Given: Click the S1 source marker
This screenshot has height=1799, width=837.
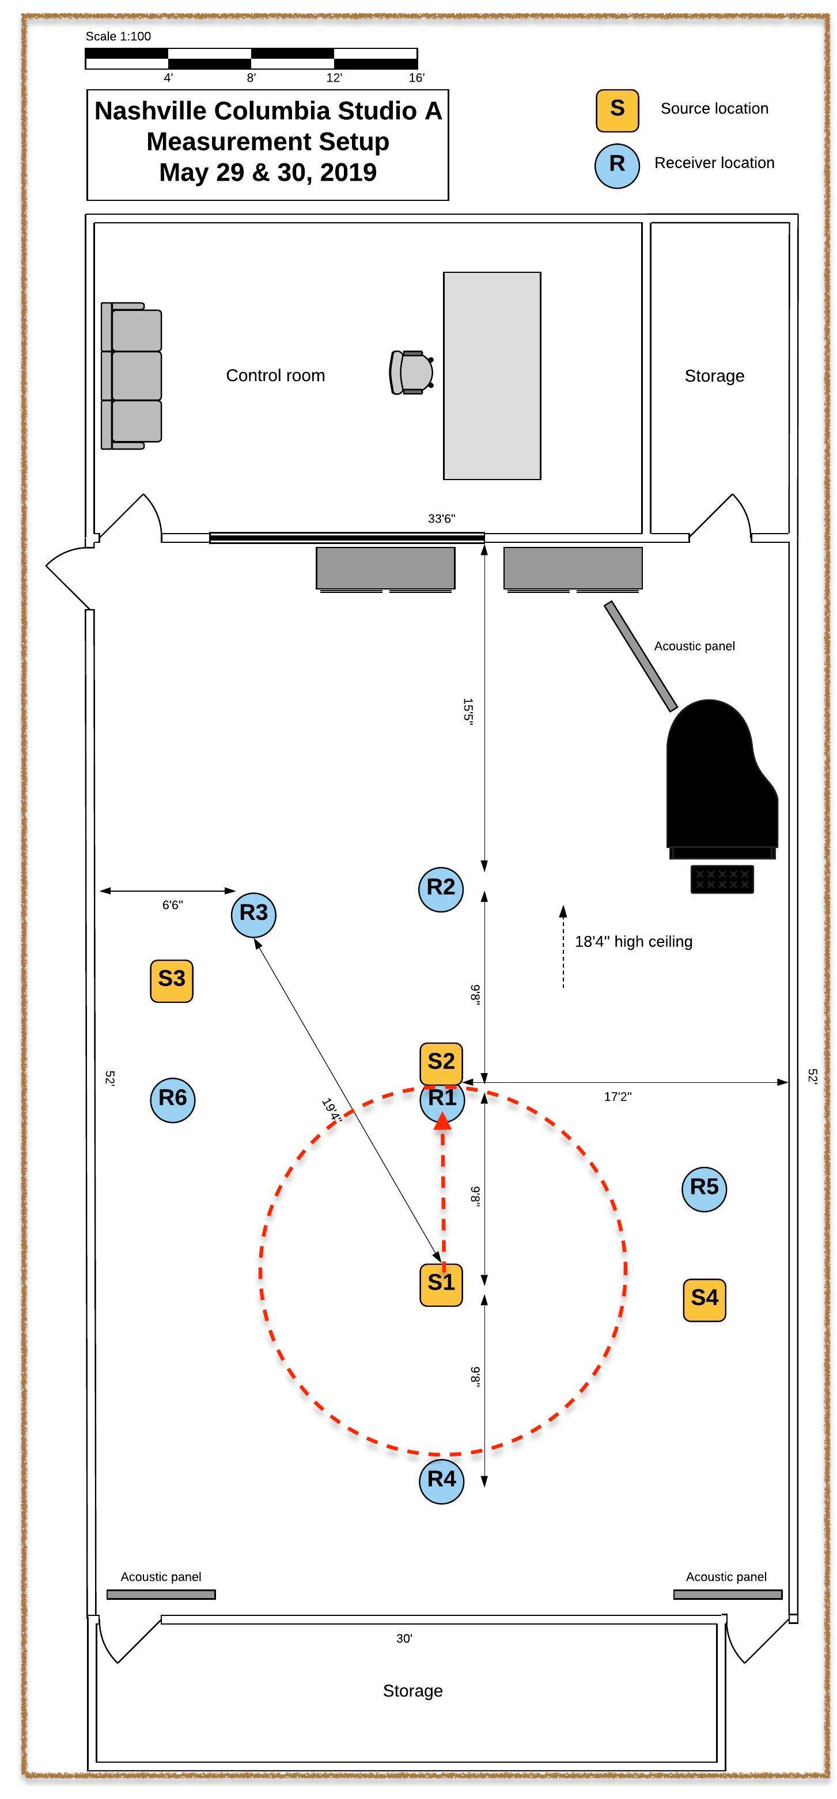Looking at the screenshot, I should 441,1284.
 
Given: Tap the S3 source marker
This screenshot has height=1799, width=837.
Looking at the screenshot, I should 172,980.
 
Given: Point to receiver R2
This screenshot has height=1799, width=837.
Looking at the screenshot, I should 441,889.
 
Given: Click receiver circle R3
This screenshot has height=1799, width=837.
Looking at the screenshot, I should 253,914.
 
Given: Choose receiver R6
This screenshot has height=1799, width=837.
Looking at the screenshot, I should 173,1099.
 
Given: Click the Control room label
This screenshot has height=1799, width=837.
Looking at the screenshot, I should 275,376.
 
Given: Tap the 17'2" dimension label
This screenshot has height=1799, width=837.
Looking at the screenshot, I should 618,1097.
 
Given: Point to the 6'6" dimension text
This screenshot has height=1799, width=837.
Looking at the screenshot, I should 173,905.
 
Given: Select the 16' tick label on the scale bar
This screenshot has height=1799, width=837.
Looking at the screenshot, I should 416,78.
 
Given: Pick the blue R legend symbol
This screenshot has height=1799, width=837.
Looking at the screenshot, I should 617,165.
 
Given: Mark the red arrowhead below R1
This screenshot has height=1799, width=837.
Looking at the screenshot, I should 442,1120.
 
